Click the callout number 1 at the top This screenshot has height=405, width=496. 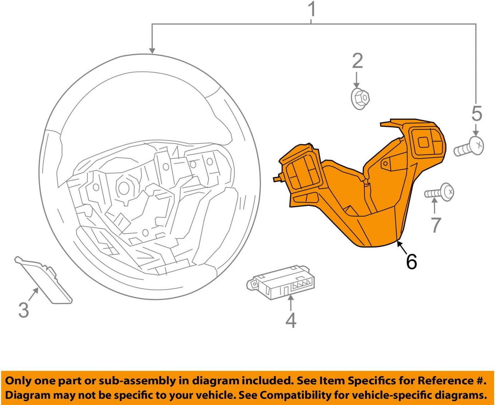point(312,10)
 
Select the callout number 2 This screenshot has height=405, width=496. point(357,61)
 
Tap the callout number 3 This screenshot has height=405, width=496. point(24,310)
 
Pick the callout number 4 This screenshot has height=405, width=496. point(291,320)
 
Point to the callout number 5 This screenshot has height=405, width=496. point(476,114)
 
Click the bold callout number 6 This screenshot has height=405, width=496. point(411,262)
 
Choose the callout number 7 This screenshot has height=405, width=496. point(436,225)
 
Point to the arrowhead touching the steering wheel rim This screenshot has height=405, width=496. point(152,51)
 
